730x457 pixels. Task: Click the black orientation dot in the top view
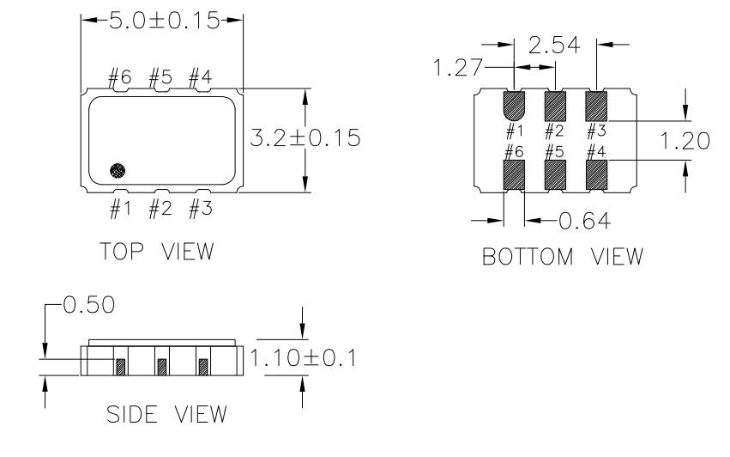(118, 171)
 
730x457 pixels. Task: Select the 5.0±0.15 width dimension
(164, 21)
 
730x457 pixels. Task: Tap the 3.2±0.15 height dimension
(305, 138)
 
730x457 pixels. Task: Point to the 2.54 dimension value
(554, 46)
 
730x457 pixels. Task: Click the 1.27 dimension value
(458, 67)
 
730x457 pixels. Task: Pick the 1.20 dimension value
(685, 141)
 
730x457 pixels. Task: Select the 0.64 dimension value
(584, 221)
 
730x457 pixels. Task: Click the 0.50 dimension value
(89, 305)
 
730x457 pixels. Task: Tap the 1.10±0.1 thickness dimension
(303, 358)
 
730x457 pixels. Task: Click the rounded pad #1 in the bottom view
(514, 105)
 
